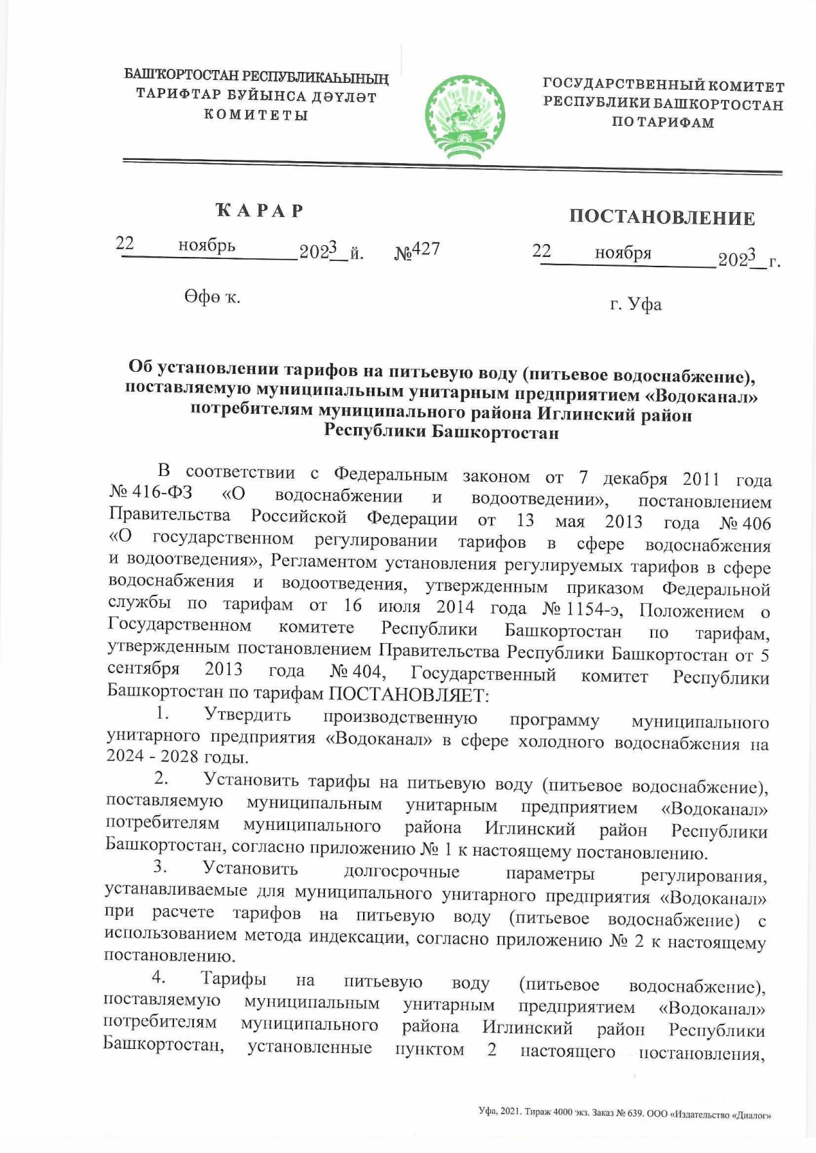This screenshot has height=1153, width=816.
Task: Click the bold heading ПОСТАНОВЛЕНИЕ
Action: [x=662, y=218]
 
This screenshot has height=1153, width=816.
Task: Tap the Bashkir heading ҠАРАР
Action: [x=260, y=211]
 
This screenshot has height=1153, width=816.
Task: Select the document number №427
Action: [x=418, y=250]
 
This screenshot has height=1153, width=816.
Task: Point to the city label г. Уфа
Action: [x=635, y=304]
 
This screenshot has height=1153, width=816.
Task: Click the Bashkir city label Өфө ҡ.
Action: [x=211, y=297]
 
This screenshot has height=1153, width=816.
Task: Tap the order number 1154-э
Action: [x=597, y=608]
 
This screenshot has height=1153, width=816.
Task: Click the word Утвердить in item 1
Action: [x=248, y=715]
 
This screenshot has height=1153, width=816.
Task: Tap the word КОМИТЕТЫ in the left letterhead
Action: [x=257, y=114]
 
